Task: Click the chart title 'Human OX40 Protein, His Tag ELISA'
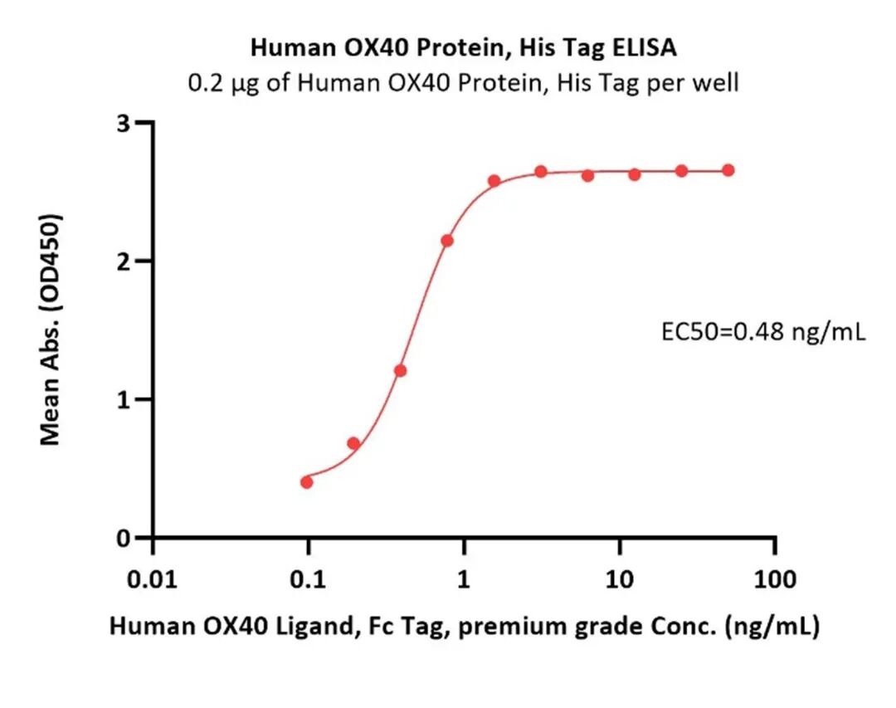point(464,47)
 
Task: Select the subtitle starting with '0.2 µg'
point(464,84)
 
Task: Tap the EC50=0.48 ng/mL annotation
point(763,331)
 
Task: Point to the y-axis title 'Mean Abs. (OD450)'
point(51,330)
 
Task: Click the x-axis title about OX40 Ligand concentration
point(464,626)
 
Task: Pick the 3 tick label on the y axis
point(124,123)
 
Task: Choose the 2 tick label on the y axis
point(124,261)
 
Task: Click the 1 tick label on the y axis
point(124,400)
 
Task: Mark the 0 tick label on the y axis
point(124,538)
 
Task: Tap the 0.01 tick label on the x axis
point(153,580)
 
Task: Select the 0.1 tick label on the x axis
point(308,580)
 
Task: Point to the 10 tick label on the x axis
point(620,580)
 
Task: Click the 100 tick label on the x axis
point(775,580)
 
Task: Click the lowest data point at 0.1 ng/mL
point(307,482)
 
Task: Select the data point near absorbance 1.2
point(401,370)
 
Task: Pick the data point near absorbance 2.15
point(447,241)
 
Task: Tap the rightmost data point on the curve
point(728,170)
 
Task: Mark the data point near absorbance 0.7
point(353,443)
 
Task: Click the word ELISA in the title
point(645,47)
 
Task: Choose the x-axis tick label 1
point(464,580)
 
